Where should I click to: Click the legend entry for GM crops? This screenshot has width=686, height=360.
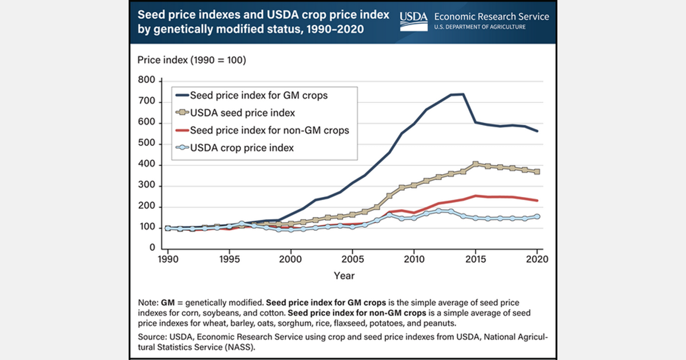pos(259,95)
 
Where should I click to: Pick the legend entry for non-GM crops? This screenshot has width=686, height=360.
pos(269,130)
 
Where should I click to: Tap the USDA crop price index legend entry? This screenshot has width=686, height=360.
pos(242,147)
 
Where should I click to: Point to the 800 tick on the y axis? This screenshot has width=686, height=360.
pos(147,81)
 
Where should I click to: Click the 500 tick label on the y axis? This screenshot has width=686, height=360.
pos(147,144)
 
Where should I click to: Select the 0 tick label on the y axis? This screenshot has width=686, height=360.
pos(152,249)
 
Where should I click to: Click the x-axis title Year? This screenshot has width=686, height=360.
pos(344,276)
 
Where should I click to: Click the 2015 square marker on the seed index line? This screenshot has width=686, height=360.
pos(476,165)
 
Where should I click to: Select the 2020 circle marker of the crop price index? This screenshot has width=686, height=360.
pos(537,217)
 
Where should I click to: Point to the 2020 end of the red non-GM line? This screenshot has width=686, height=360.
pos(537,201)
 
